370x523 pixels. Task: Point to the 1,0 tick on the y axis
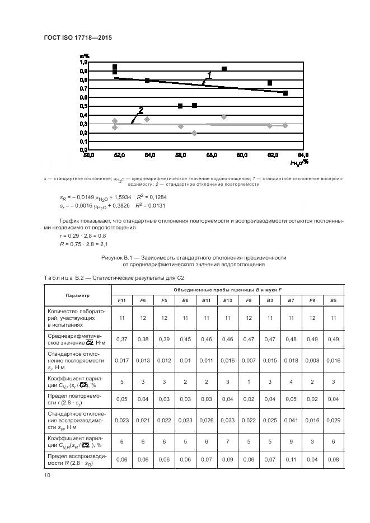(x=84, y=62)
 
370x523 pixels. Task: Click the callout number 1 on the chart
(x=209, y=74)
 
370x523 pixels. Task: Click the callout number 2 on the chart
(x=141, y=110)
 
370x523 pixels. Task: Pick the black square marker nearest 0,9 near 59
(x=224, y=69)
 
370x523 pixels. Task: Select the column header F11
(x=121, y=300)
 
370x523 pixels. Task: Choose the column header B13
(x=228, y=300)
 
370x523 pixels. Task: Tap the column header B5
(x=333, y=300)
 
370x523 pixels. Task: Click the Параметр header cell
(x=77, y=295)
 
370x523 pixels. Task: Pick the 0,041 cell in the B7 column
(x=291, y=419)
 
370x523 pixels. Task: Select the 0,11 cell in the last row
(x=291, y=459)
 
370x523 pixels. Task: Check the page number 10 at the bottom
(x=47, y=475)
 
